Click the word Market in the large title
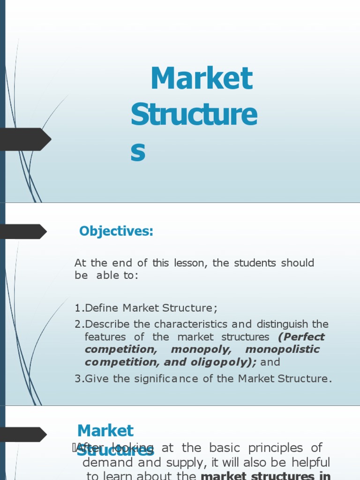(x=201, y=79)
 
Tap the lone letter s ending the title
(x=138, y=153)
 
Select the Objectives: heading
(x=116, y=231)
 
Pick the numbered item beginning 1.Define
(x=146, y=308)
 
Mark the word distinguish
(x=282, y=324)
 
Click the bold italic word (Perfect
(x=301, y=337)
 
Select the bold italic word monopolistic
(x=282, y=350)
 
